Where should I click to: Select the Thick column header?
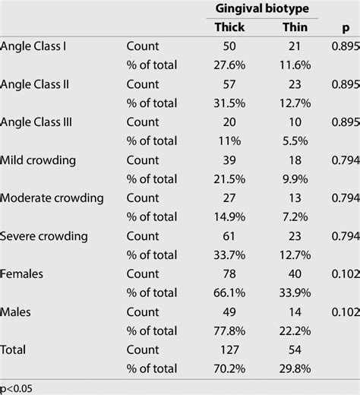pyautogui.click(x=229, y=27)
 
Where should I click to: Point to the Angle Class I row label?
pyautogui.click(x=34, y=46)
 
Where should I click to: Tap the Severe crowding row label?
pyautogui.click(x=44, y=236)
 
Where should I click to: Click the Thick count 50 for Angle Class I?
pyautogui.click(x=229, y=46)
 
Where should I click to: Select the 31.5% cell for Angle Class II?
pyautogui.click(x=229, y=103)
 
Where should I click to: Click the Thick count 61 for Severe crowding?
pyautogui.click(x=229, y=236)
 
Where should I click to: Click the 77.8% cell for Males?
pyautogui.click(x=229, y=331)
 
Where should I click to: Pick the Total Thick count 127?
pyautogui.click(x=229, y=350)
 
